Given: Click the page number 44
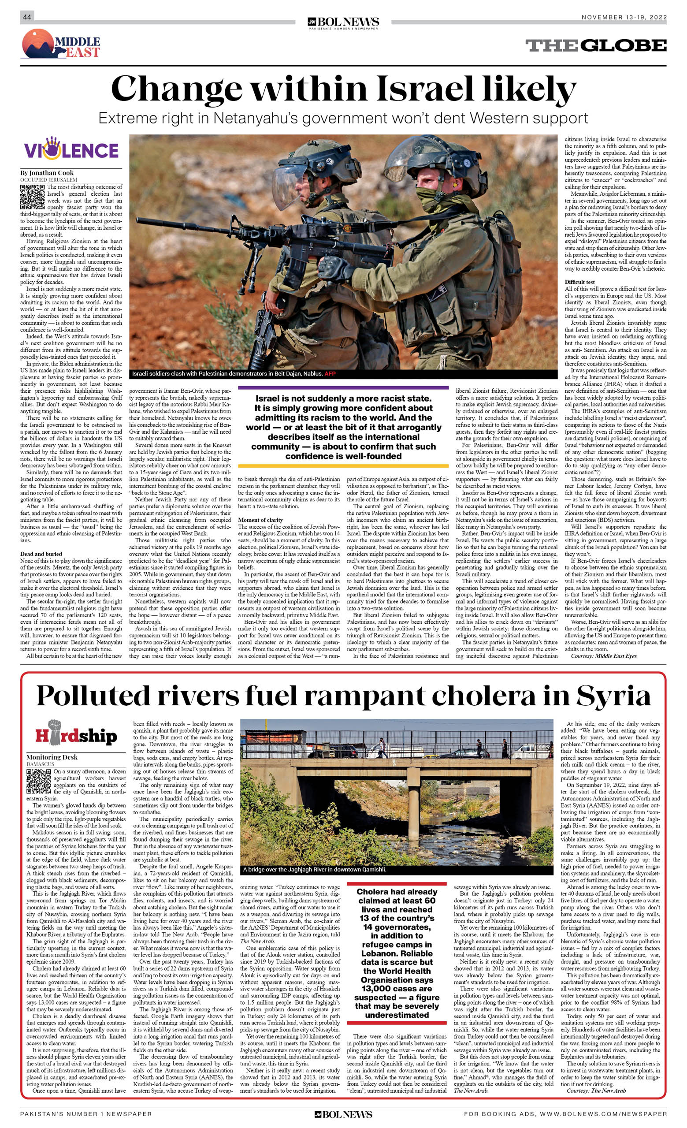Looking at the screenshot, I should point(27,17).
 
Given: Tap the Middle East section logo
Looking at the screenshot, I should point(61,44).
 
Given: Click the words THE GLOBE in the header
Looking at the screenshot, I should point(595,45).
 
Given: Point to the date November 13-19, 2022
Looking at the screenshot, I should point(624,17).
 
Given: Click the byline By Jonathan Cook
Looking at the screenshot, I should point(47,173).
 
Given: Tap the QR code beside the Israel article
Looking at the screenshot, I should point(32,197).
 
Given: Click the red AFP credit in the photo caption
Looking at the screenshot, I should point(330,373).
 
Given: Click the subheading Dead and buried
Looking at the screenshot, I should point(41,554).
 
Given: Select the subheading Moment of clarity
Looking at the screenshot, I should point(260,520).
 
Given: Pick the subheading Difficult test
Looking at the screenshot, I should point(579,282).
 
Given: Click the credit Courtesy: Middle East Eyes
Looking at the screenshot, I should point(603,656).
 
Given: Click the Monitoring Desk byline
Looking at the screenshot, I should point(52,757).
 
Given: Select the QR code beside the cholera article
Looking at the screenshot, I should point(38,782).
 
